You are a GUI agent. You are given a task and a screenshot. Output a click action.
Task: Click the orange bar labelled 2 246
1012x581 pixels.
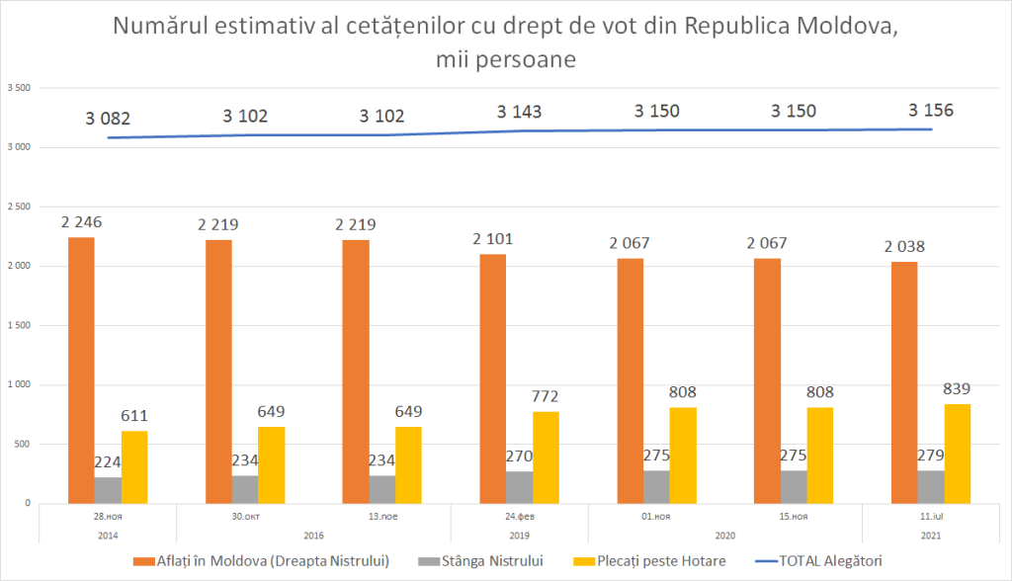[81, 371]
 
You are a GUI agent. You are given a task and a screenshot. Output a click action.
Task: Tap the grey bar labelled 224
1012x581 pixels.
[108, 490]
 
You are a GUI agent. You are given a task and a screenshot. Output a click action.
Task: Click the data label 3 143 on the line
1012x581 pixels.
[520, 112]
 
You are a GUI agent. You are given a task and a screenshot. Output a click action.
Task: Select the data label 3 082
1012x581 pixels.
[109, 119]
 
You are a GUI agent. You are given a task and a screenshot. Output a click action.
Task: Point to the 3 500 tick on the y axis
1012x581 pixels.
[20, 88]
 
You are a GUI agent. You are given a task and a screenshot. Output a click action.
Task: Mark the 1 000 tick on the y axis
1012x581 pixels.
[20, 384]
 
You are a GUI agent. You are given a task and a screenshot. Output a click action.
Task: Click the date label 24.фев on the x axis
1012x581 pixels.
[520, 516]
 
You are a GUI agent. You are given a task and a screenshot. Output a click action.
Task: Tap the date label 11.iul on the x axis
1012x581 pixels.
[931, 516]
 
